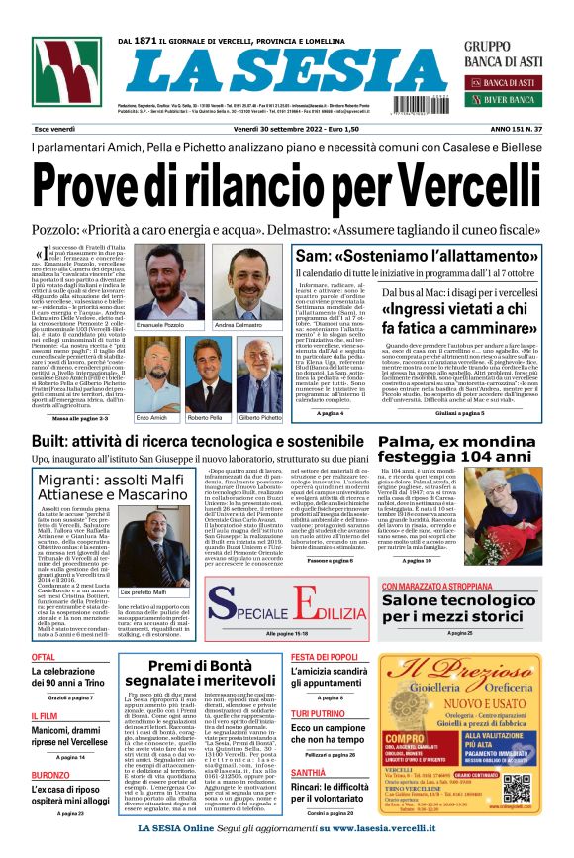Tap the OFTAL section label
44,657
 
